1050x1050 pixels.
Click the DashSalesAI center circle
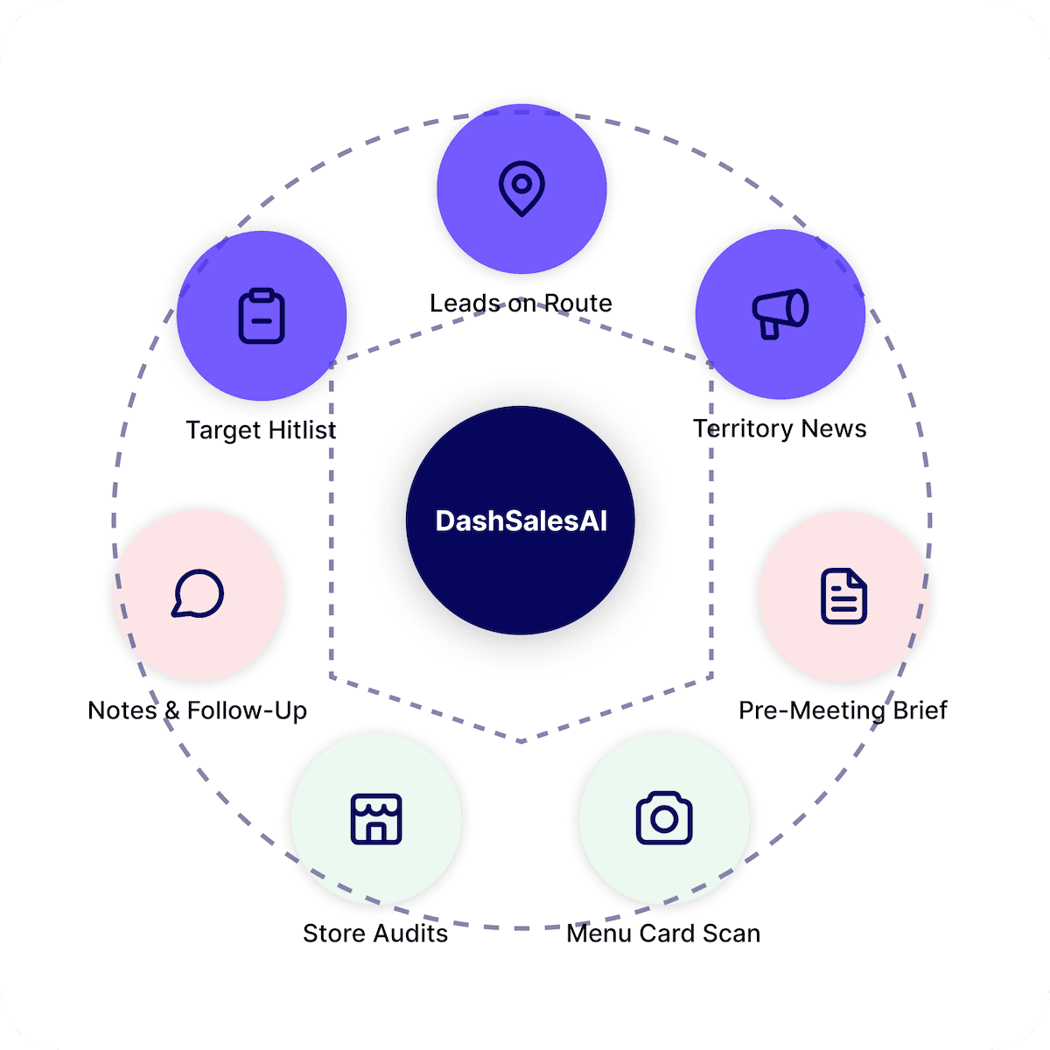[x=521, y=521]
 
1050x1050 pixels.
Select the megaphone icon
[x=780, y=313]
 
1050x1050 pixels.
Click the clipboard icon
[x=262, y=316]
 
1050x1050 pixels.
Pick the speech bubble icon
[x=198, y=594]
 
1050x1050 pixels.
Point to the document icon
[x=843, y=597]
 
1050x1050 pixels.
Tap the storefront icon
[x=375, y=819]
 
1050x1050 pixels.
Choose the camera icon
[x=664, y=818]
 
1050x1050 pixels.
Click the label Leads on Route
[x=521, y=303]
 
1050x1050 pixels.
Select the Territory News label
[x=780, y=429]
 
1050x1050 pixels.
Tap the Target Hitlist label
[x=261, y=430]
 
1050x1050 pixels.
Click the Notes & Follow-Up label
[x=198, y=710]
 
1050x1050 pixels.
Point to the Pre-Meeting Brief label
[x=843, y=710]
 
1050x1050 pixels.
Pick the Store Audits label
[x=375, y=934]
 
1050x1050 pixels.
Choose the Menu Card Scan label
[x=663, y=934]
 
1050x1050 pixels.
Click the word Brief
[x=920, y=710]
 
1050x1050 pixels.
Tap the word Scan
[x=731, y=934]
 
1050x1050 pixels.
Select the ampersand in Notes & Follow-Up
[x=171, y=710]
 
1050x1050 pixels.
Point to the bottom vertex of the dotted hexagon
[x=521, y=742]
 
